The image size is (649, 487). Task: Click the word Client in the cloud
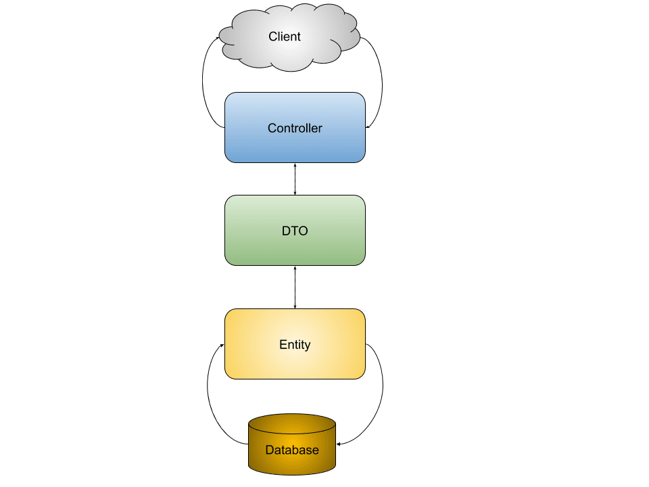click(x=285, y=37)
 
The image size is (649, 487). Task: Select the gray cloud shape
click(x=289, y=37)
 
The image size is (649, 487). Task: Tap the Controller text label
click(x=295, y=128)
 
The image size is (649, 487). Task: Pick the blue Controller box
click(x=295, y=128)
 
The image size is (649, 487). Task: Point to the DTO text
click(x=295, y=231)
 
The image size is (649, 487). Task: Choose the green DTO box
click(x=295, y=230)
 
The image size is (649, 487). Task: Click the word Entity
click(x=295, y=344)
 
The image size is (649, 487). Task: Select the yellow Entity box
click(x=295, y=344)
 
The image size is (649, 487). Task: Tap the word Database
click(x=292, y=450)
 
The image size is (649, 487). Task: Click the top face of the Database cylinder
click(x=292, y=423)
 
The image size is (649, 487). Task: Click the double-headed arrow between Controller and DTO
click(x=295, y=179)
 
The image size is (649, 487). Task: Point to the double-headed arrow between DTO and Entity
click(x=295, y=287)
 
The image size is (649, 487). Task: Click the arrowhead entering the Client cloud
click(x=218, y=38)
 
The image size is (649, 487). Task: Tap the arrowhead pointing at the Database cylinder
click(x=339, y=444)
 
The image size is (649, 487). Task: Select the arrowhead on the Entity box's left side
click(x=222, y=346)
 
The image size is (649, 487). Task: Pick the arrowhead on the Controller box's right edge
click(x=368, y=126)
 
